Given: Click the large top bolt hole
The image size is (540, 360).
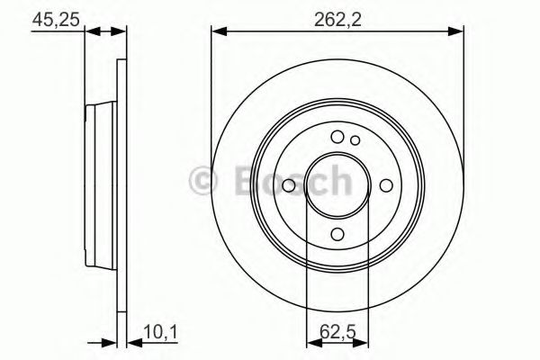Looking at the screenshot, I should click(x=337, y=137).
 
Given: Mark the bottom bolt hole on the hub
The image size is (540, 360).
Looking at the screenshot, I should click(x=337, y=234).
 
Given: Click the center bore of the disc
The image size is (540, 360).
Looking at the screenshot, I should click(x=337, y=185).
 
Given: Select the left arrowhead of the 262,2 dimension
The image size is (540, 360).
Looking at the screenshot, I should click(x=218, y=32).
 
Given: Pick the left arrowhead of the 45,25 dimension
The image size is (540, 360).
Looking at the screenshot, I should click(x=91, y=32).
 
